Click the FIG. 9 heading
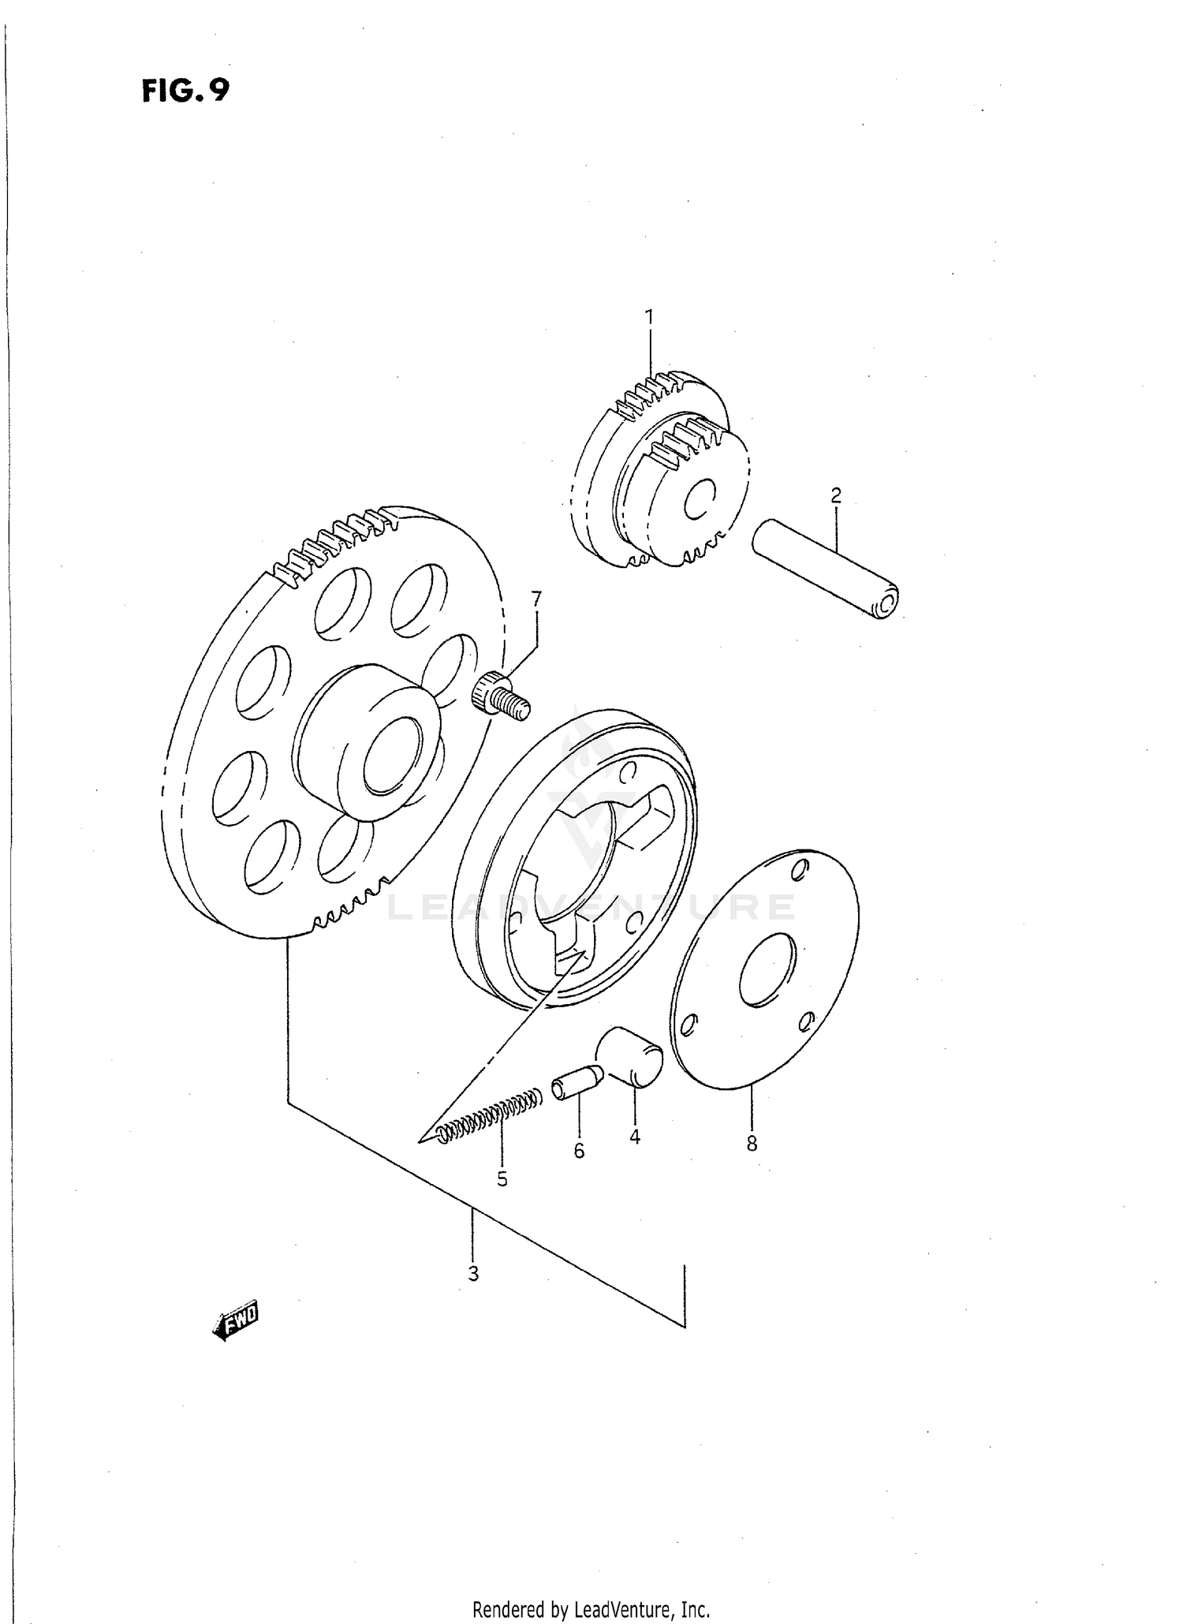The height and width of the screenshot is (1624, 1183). [186, 91]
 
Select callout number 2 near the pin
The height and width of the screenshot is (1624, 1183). [836, 495]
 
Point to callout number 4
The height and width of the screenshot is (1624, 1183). [635, 1137]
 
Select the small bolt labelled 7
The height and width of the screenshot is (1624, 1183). [500, 693]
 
